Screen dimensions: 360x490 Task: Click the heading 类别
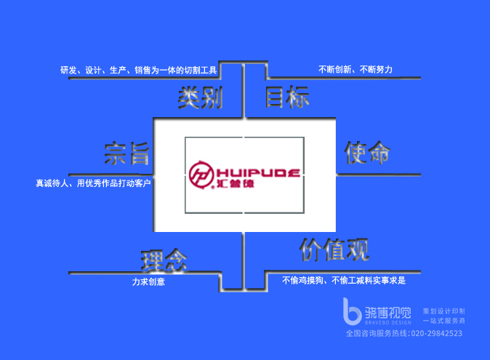[x=199, y=97]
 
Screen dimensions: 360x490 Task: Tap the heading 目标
[x=286, y=97]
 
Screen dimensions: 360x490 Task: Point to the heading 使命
[x=367, y=153]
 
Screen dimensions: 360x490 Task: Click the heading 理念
[x=164, y=259]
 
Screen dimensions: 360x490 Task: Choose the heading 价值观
[x=334, y=249]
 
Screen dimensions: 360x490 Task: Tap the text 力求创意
[x=148, y=281]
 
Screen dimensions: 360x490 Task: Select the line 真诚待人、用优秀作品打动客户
[x=93, y=183]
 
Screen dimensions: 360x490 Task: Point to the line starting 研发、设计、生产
[x=139, y=71]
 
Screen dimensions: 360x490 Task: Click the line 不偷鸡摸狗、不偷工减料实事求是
[x=343, y=280]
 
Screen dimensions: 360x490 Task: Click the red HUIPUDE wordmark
[x=257, y=172]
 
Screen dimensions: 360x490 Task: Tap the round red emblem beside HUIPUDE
[x=200, y=175]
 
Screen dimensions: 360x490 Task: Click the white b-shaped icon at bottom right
[x=353, y=311]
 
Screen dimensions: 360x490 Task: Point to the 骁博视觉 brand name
[x=387, y=311]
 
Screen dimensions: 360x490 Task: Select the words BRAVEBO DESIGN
[x=387, y=322]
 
